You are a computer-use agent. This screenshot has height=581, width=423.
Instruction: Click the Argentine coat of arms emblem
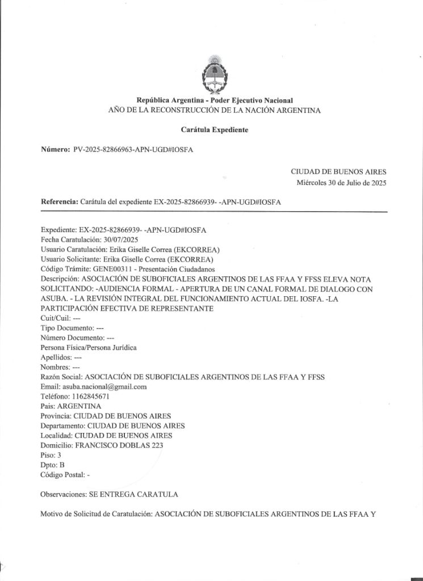click(215, 74)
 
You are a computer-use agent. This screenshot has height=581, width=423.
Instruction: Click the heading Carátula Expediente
click(215, 130)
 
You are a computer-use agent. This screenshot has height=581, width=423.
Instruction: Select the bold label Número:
click(55, 149)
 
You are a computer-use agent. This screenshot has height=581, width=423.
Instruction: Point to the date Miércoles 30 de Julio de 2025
click(341, 183)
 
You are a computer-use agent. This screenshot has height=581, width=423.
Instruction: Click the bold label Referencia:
click(59, 202)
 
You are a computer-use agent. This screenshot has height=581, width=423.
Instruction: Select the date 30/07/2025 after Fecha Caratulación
click(113, 239)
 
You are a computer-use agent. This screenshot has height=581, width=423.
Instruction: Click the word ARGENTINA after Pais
click(79, 406)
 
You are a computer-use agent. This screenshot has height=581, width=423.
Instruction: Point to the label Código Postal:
click(62, 474)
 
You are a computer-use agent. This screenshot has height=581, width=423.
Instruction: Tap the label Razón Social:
click(61, 377)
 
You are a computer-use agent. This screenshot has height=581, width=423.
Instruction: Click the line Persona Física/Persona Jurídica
click(89, 347)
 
